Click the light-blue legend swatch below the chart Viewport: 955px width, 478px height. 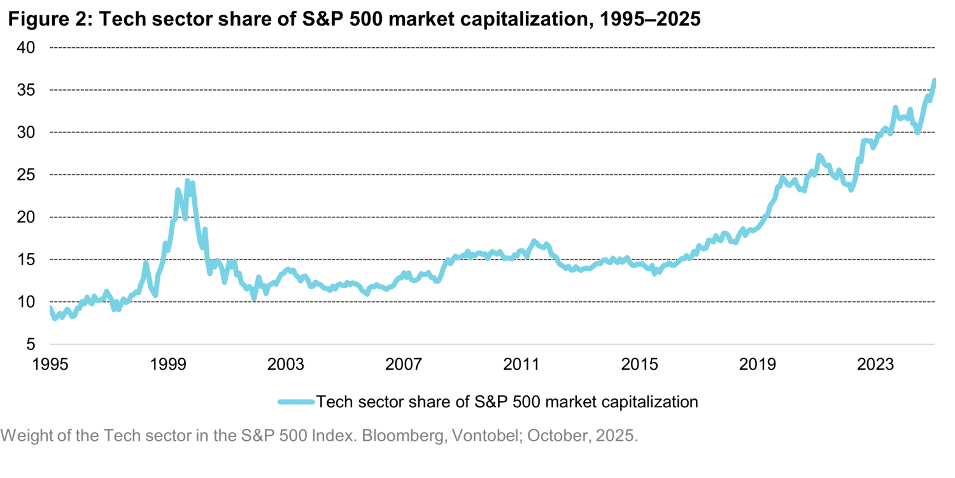[295, 403]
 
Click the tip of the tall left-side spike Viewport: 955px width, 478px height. [187, 181]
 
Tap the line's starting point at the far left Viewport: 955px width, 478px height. [49, 307]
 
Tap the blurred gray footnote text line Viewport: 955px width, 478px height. [318, 437]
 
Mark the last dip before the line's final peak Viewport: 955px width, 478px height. [917, 133]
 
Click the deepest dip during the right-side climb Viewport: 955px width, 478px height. [850, 189]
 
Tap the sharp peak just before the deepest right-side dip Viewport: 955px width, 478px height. [819, 152]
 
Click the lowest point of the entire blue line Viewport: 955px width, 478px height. [55, 322]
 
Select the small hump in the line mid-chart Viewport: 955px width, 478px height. [534, 240]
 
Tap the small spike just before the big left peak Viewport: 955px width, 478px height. [147, 263]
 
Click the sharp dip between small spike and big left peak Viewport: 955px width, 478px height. [155, 296]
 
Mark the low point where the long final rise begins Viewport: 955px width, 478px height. [656, 273]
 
